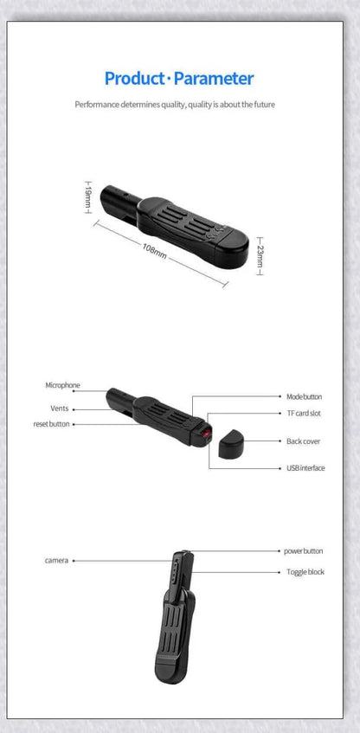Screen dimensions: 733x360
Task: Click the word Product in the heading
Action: (133, 79)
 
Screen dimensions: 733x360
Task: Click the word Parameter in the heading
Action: (214, 79)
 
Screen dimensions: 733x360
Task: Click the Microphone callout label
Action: (62, 385)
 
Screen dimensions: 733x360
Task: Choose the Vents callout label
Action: (60, 408)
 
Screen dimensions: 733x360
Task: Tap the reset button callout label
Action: (52, 424)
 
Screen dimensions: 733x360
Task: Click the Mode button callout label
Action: (304, 396)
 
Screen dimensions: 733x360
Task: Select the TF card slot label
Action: (304, 414)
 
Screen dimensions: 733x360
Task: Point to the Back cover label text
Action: (303, 441)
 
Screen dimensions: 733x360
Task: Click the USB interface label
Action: (305, 468)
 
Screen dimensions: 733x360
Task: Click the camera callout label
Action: (56, 561)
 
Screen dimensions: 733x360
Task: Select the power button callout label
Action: (303, 551)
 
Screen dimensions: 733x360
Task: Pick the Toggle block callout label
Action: (305, 572)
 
